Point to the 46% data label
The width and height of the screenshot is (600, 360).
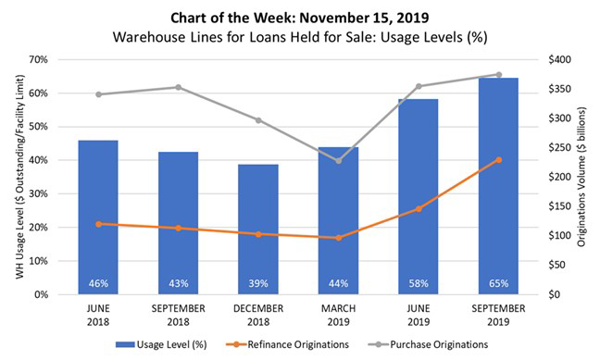[98, 283]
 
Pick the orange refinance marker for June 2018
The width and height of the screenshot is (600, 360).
[98, 224]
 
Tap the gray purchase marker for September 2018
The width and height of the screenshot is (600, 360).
[178, 87]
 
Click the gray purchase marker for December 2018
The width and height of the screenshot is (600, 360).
[257, 119]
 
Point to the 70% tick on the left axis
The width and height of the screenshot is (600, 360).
[38, 59]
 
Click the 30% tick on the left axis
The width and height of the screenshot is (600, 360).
[38, 193]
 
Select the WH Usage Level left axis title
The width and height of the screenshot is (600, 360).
[13, 176]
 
